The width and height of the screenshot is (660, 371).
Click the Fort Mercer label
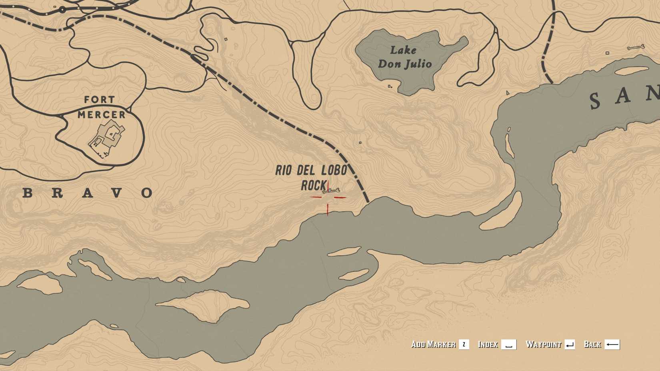101,107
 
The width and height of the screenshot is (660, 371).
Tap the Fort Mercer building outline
106,138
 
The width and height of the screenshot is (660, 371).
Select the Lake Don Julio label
404,57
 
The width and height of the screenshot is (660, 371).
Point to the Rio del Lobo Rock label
311,178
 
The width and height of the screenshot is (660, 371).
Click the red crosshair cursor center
328,197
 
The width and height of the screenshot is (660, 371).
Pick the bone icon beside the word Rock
332,191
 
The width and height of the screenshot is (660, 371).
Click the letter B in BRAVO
27,193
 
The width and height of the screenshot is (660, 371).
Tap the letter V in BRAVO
117,193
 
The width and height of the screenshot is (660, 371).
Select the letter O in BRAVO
147,193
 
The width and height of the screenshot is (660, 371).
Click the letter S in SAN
595,101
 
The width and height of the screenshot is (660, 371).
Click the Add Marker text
433,344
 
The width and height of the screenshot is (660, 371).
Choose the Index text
488,344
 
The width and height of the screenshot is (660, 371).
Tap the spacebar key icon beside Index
509,345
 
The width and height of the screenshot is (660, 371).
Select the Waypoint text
544,344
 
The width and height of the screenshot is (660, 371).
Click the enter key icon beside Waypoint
570,345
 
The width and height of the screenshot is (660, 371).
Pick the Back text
592,344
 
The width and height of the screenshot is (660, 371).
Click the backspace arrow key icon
612,345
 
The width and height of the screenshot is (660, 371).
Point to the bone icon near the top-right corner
636,48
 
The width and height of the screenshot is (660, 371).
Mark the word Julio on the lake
418,64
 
